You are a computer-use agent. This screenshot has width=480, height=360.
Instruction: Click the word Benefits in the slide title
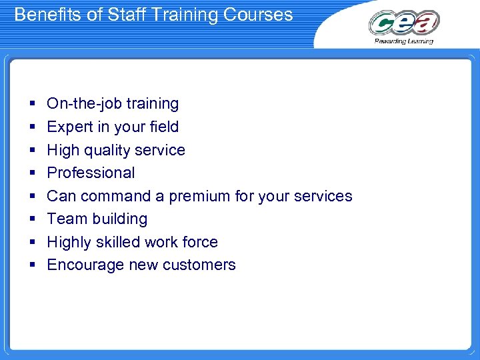tap(43, 15)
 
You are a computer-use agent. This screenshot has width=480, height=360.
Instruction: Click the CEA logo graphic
tap(404, 23)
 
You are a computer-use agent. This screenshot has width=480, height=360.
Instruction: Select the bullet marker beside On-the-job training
tap(32, 104)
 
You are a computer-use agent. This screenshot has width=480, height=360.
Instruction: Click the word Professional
tap(91, 173)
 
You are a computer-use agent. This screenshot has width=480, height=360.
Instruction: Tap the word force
tap(202, 242)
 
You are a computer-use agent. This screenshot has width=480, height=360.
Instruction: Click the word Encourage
tap(81, 265)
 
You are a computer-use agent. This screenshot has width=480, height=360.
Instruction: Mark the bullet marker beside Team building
tap(32, 219)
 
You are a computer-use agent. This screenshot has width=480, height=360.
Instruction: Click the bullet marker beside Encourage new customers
tap(32, 265)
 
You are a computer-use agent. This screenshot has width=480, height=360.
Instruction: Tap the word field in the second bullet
tap(164, 127)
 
